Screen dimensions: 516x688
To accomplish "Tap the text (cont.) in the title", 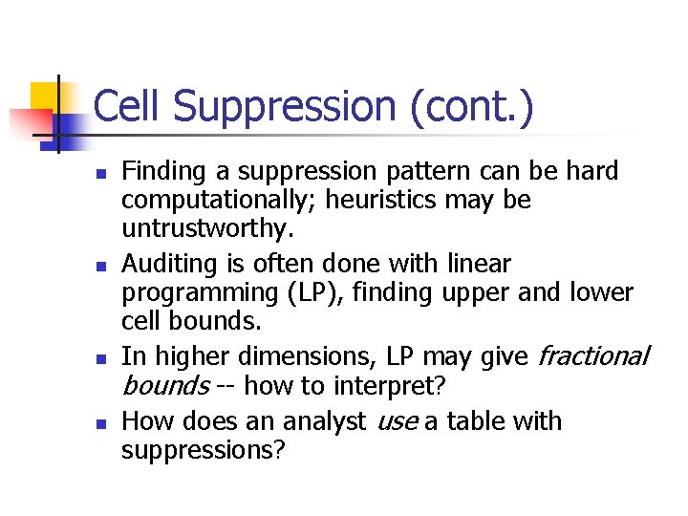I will point(472,106).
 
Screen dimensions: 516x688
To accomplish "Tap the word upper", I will point(469,293).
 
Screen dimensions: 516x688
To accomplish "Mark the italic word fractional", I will point(592,356).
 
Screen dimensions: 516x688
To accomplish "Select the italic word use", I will point(398,421).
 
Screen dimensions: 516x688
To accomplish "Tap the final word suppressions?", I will point(203,450).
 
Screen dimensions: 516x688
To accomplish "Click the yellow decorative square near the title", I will point(46,97).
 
